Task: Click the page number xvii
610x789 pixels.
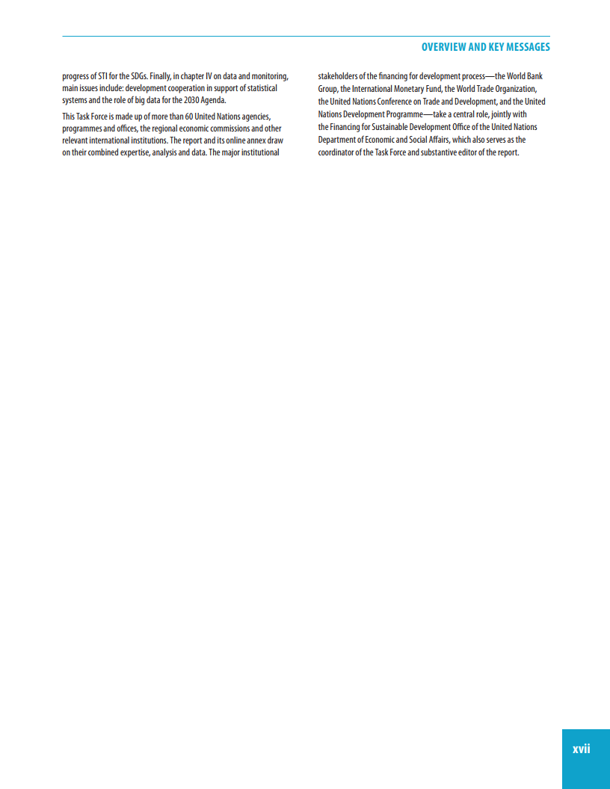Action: coord(581,748)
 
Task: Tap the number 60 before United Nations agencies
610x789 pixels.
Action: coord(189,116)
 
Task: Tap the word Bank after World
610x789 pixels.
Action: coord(534,76)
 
